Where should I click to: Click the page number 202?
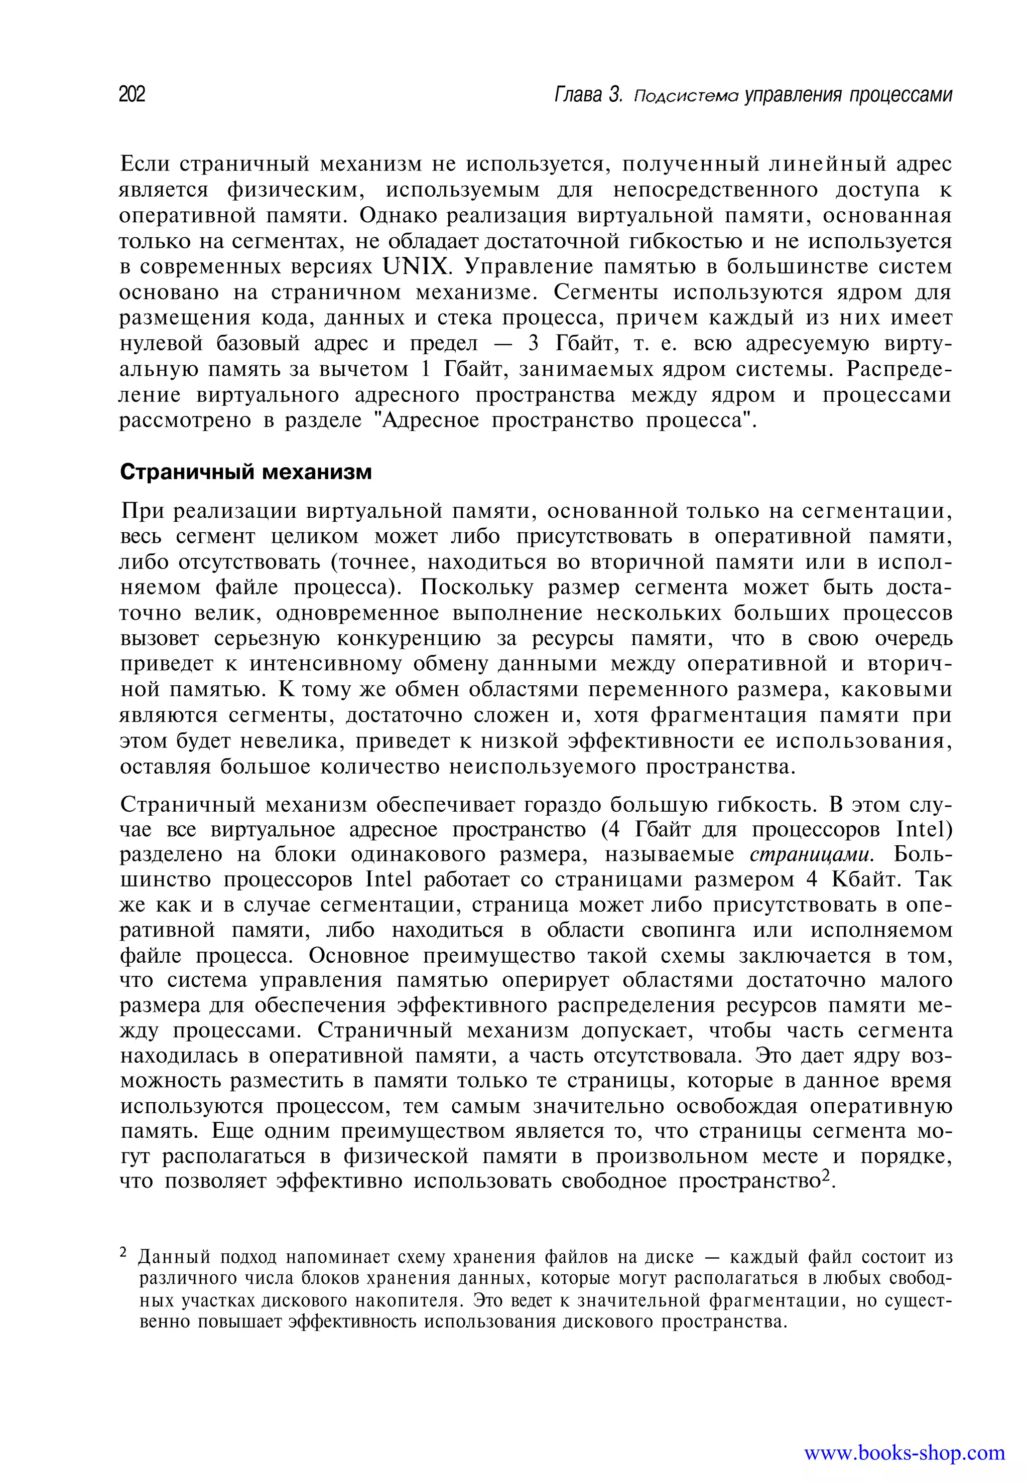[132, 95]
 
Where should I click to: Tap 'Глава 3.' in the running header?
[589, 95]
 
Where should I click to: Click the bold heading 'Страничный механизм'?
[246, 472]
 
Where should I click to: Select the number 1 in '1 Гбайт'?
[425, 370]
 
